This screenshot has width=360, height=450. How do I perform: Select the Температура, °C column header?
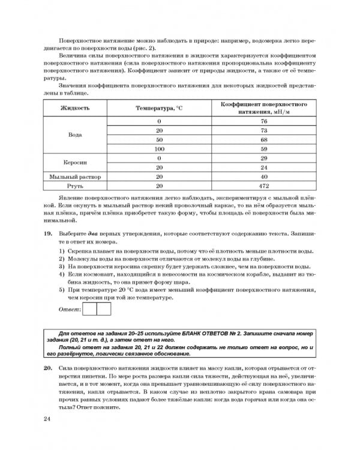[x=158, y=108]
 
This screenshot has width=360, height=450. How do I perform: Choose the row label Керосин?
[x=75, y=162]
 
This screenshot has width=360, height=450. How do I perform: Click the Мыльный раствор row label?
[x=75, y=177]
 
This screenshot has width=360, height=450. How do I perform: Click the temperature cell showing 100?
[x=159, y=149]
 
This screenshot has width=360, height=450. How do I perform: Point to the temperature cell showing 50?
[x=159, y=139]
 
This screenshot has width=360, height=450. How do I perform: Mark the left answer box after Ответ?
[x=89, y=309]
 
